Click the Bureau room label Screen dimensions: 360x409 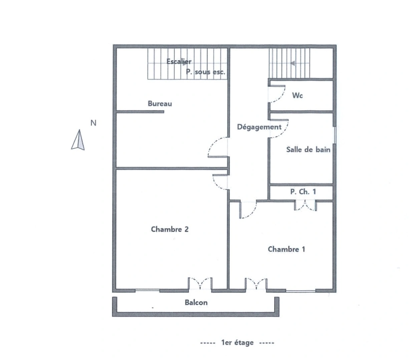[x=160, y=104]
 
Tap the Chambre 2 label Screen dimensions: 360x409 [x=169, y=229]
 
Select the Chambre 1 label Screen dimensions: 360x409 [x=286, y=249]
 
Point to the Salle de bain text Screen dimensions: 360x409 [x=308, y=150]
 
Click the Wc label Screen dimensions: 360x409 [x=297, y=96]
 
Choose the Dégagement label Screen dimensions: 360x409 [x=259, y=127]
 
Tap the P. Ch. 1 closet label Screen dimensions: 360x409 [x=303, y=192]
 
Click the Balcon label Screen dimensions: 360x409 [x=196, y=303]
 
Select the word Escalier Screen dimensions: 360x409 [x=179, y=62]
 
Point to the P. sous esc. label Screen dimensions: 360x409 [x=206, y=72]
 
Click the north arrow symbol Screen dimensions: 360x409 [x=78, y=140]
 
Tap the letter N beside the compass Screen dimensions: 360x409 [x=93, y=123]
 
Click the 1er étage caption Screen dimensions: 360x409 [x=237, y=343]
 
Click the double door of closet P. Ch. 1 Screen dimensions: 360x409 [x=305, y=205]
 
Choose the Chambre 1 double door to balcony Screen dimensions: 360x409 [x=256, y=284]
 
